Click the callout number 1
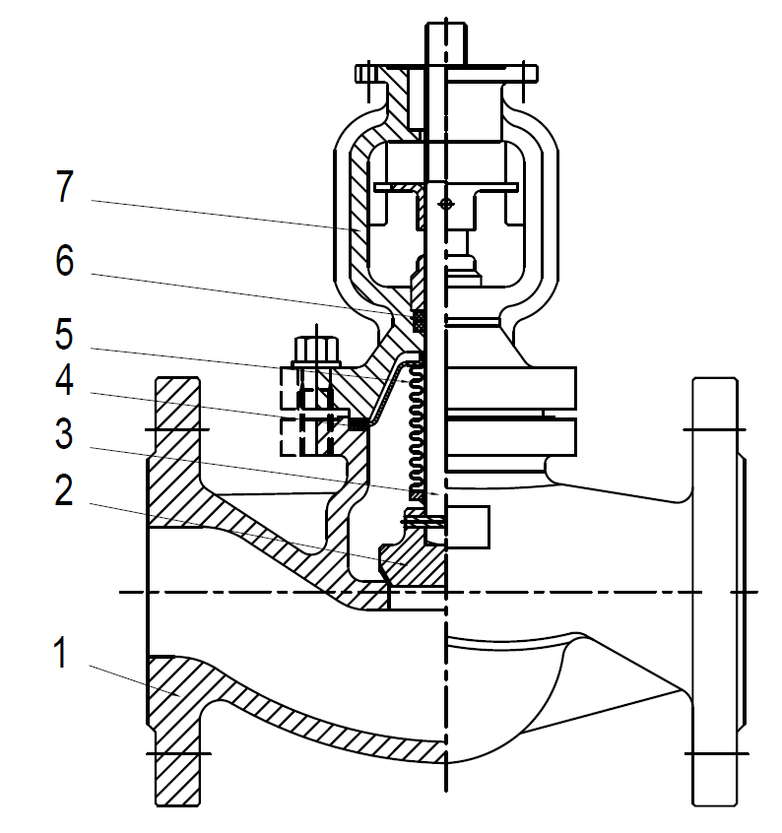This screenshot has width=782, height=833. click(61, 653)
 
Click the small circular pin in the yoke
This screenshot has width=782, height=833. click(446, 204)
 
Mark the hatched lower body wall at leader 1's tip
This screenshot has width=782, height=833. click(177, 689)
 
